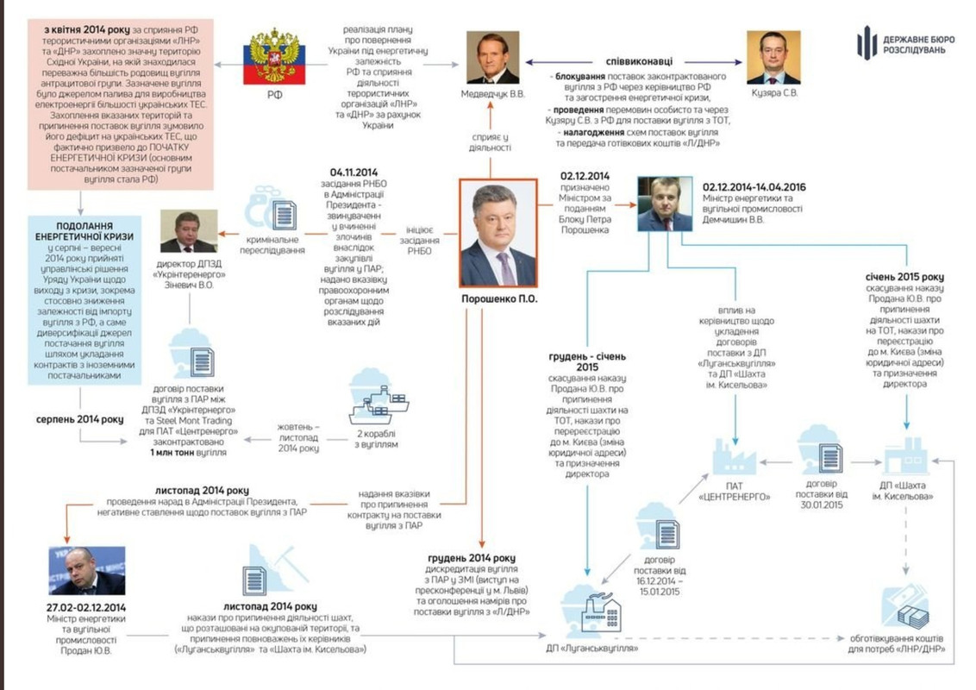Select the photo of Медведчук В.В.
[493, 59]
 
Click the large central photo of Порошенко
[497, 234]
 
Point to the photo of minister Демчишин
[665, 204]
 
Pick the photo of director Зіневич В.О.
[188, 232]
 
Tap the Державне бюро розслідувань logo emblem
[867, 43]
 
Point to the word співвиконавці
[638, 62]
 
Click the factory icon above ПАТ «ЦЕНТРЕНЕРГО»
[734, 456]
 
